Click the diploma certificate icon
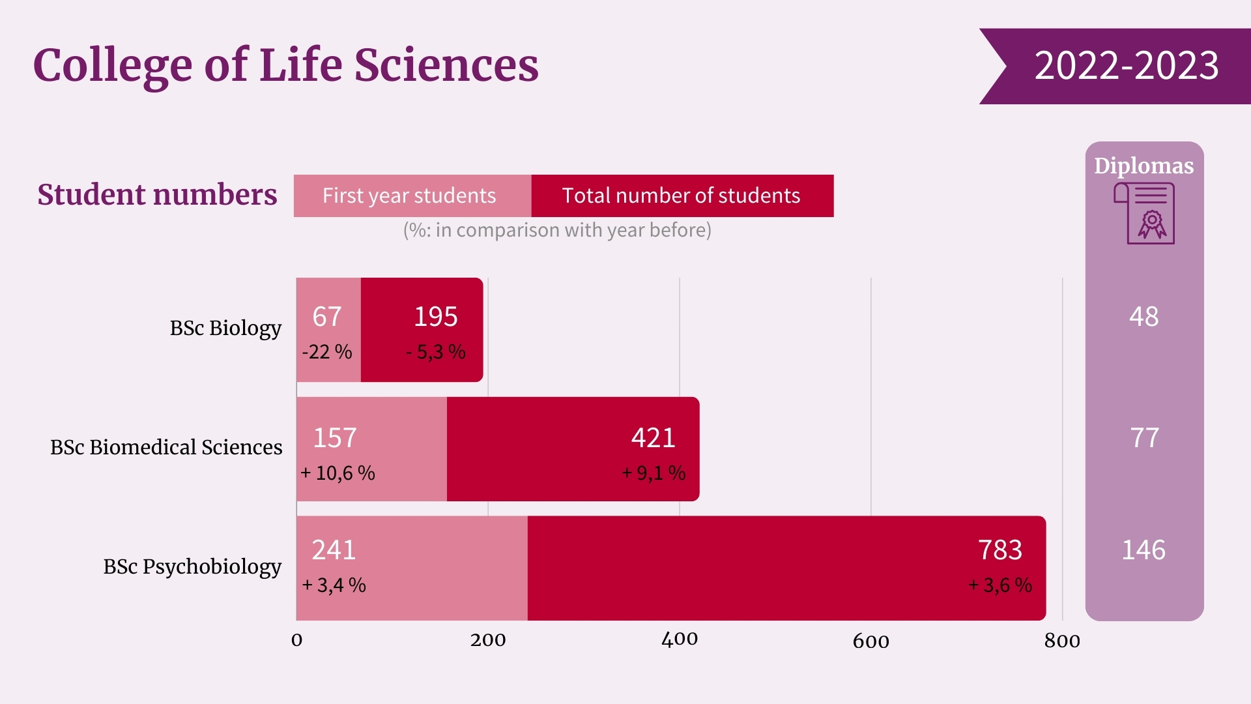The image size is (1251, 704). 1145,213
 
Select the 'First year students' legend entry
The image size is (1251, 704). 410,196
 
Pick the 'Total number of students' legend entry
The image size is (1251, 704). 682,196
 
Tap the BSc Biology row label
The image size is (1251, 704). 225,328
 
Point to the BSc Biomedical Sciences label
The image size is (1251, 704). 166,447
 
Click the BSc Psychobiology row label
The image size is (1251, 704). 192,566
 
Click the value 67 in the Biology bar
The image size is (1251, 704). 327,317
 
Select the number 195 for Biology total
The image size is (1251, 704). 436,317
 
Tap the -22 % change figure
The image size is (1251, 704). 327,352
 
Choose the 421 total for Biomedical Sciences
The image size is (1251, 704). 653,437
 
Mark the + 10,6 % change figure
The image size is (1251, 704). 338,473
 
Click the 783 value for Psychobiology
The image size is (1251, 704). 1000,550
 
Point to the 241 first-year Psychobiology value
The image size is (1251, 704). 334,550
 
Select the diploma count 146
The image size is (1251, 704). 1143,550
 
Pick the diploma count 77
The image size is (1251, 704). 1144,437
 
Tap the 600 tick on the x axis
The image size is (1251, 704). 870,641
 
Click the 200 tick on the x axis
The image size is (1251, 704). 488,640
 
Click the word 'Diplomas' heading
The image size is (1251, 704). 1143,166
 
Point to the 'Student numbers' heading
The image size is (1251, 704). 157,195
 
